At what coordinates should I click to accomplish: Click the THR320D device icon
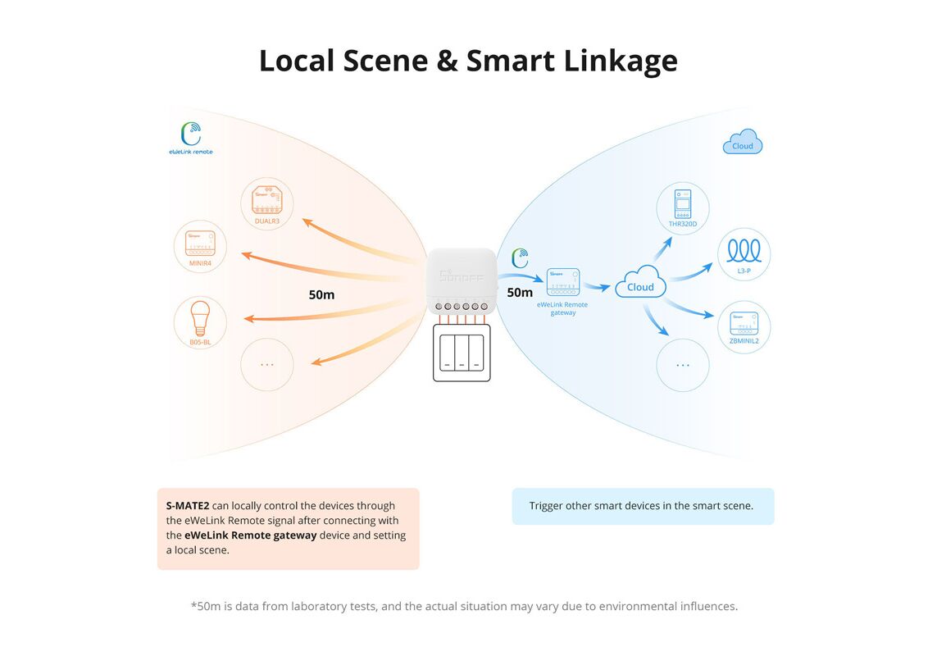click(682, 204)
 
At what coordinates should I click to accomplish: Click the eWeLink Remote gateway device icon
click(562, 281)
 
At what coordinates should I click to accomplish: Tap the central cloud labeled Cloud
click(640, 283)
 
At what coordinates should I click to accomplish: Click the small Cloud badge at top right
click(742, 143)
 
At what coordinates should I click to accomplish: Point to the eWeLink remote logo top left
click(190, 136)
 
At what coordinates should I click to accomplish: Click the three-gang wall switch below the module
click(462, 353)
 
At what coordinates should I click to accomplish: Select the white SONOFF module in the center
click(461, 277)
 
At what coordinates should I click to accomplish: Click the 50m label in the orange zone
click(321, 294)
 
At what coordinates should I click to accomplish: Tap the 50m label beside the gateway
click(520, 293)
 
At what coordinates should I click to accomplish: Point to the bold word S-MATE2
click(188, 506)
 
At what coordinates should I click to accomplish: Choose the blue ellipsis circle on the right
click(682, 364)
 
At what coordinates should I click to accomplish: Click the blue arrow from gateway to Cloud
click(600, 287)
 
